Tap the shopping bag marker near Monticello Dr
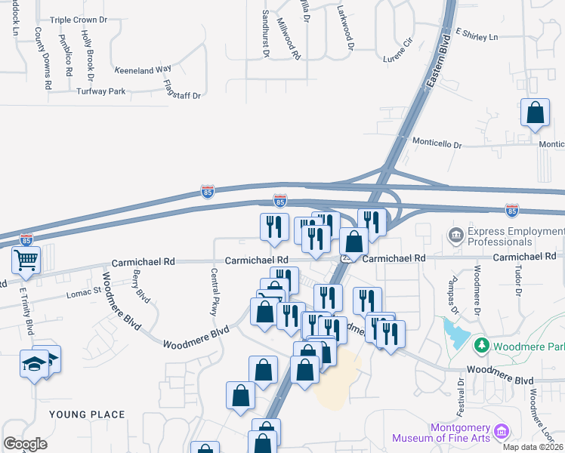(535, 113)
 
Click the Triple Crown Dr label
(81, 20)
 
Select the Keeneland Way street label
(143, 69)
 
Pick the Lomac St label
(84, 291)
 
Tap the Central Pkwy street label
(214, 291)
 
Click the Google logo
(26, 444)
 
